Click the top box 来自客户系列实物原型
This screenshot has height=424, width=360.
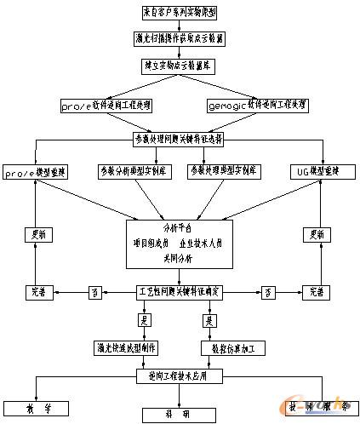coord(179,14)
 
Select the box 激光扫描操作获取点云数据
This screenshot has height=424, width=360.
coord(179,39)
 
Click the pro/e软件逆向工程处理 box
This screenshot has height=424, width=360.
coord(108,106)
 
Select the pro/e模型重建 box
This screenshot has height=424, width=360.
coord(35,171)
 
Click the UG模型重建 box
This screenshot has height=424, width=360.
coord(323,171)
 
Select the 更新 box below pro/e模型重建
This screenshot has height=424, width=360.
coord(35,234)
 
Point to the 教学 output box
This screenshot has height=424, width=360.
coord(37,407)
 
